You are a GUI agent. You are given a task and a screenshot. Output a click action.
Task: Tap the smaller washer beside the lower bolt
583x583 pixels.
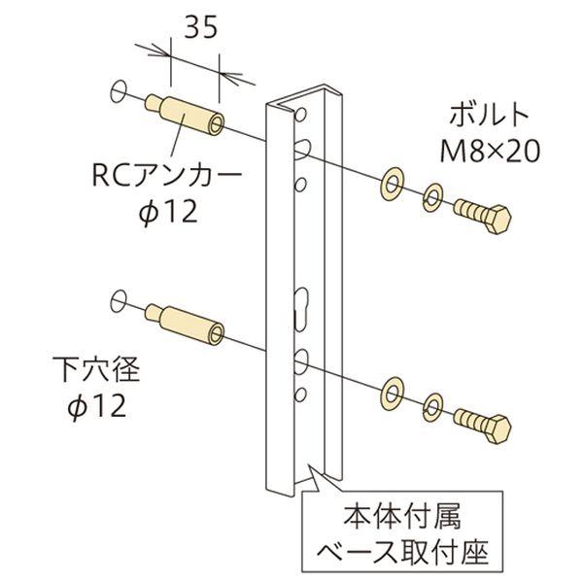point(432,407)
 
